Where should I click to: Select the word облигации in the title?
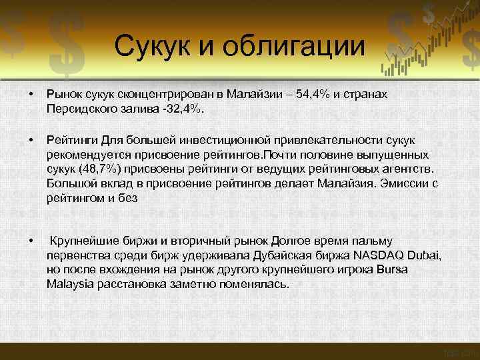click(296, 47)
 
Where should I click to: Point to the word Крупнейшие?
click(82, 241)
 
